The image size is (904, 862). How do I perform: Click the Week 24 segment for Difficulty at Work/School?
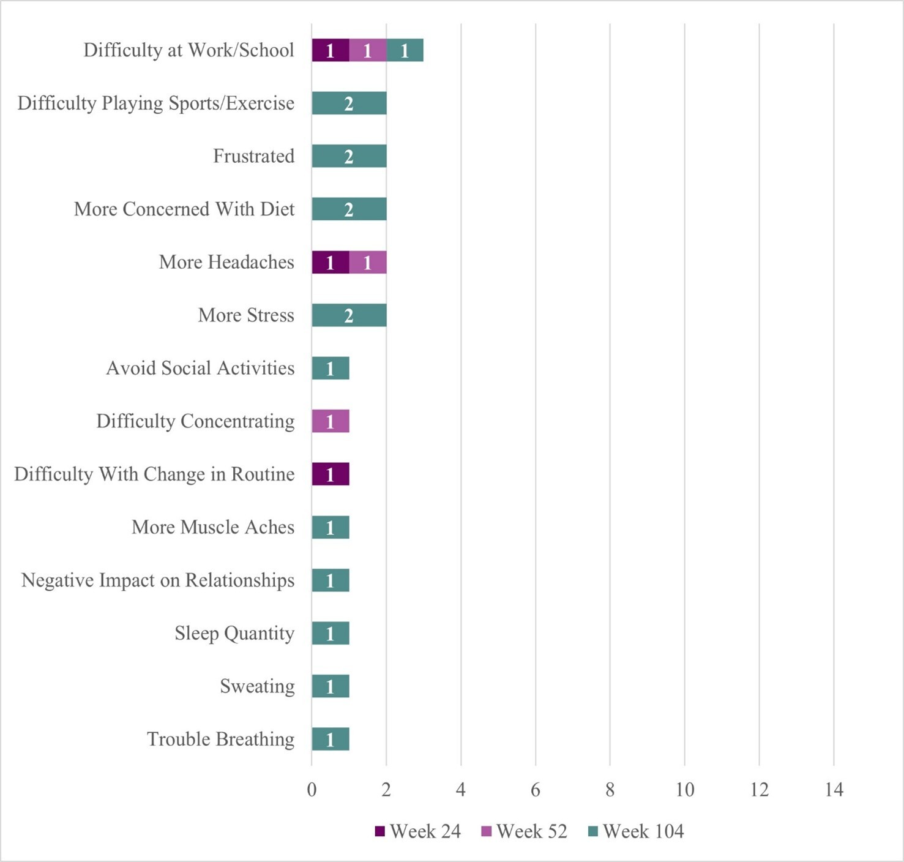(331, 50)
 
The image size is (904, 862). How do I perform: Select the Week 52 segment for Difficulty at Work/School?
(368, 50)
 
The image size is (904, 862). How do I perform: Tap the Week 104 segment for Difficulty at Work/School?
(405, 50)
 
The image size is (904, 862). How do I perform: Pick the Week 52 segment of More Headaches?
(368, 262)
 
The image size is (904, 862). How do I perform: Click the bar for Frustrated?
(349, 156)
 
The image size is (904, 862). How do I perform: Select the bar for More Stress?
(349, 315)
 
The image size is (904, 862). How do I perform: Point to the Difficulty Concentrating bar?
(331, 421)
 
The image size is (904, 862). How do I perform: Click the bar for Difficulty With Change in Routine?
(331, 474)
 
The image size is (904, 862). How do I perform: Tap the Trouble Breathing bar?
(331, 739)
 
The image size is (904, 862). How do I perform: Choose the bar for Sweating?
(331, 686)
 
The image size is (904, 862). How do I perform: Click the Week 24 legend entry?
(418, 831)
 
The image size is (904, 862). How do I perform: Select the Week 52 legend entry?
(525, 831)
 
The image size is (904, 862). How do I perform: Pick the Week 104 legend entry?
(636, 831)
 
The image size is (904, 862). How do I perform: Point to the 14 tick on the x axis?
(834, 790)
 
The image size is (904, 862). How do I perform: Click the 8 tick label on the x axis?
(610, 790)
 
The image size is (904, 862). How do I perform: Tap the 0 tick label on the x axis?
(312, 790)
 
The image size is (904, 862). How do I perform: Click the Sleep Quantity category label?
(234, 633)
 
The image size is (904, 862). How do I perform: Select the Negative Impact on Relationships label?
(158, 580)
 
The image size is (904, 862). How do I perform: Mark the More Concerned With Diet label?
(184, 209)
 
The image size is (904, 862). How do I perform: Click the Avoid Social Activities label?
(200, 368)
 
